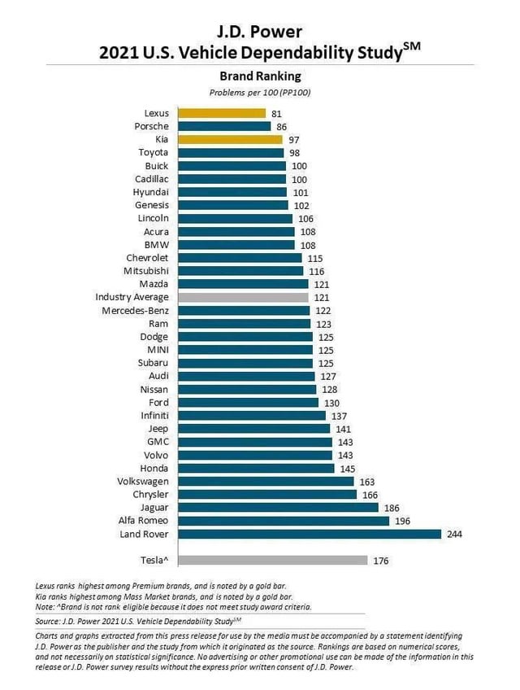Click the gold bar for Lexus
pos(222,113)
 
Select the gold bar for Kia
pos(230,139)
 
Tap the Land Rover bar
pos(309,534)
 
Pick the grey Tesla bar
pos(271,560)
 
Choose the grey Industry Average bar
pos(243,297)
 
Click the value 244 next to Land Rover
pos(455,534)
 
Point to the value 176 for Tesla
pos(380,560)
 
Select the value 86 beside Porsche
pos(282,126)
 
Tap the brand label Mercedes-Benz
pos(135,310)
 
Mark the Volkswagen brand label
pos(142,481)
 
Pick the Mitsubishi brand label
pos(145,271)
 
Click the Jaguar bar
pos(278,507)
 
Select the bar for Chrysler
pos(266,494)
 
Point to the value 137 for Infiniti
pos(339,415)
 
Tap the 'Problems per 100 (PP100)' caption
pos(260,92)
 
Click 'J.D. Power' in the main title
pos(260,32)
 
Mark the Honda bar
pos(256,468)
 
